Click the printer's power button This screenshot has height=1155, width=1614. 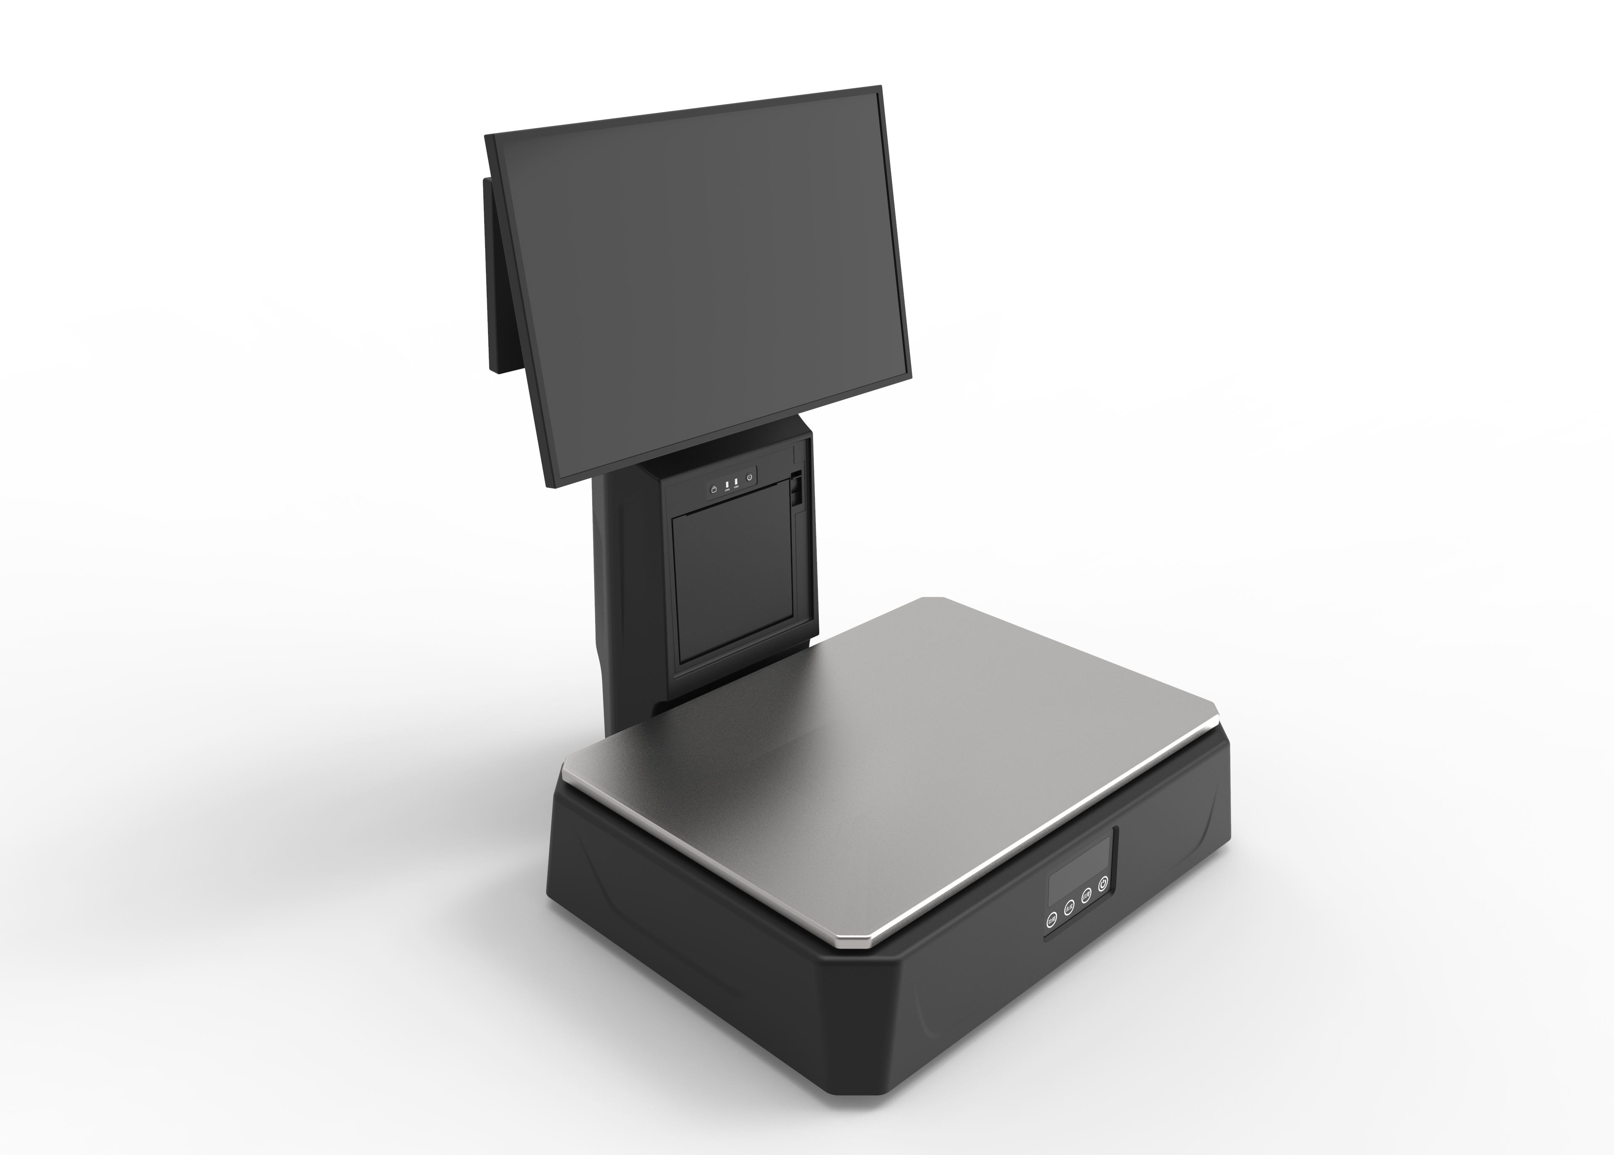click(749, 477)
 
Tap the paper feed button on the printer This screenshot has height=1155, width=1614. click(714, 489)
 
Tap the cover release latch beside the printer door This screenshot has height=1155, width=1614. click(796, 491)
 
